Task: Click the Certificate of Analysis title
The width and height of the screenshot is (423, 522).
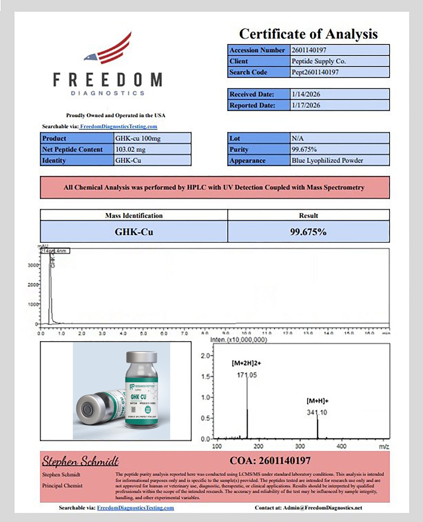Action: click(x=308, y=34)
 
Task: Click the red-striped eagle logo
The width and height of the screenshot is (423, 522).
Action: click(x=109, y=49)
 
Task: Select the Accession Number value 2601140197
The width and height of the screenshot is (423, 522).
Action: click(x=309, y=50)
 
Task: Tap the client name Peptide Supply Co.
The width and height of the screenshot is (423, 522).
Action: click(x=319, y=61)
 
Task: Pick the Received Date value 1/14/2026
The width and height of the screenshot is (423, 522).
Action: click(x=306, y=94)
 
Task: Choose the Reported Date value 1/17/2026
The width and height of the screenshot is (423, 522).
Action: click(x=306, y=105)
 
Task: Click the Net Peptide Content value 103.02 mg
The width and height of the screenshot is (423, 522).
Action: click(x=130, y=149)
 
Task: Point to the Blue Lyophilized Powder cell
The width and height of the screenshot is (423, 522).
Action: click(x=327, y=161)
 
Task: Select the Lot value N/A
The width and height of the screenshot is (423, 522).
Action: click(x=297, y=138)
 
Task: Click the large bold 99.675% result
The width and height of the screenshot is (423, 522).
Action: click(x=308, y=232)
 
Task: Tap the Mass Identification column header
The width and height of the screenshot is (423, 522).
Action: click(x=134, y=216)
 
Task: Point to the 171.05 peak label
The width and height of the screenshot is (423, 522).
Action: click(x=247, y=375)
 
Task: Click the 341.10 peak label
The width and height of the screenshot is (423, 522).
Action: click(x=317, y=412)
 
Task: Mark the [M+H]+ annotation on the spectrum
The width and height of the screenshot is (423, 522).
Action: click(x=318, y=401)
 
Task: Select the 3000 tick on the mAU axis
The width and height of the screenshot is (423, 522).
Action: click(x=33, y=265)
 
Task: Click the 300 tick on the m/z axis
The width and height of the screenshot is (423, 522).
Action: click(x=300, y=446)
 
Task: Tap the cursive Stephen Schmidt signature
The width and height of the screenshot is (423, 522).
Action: click(x=80, y=461)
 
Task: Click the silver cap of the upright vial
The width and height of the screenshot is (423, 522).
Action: click(x=141, y=357)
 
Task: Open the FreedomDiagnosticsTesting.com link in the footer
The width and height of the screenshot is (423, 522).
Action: click(x=135, y=508)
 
